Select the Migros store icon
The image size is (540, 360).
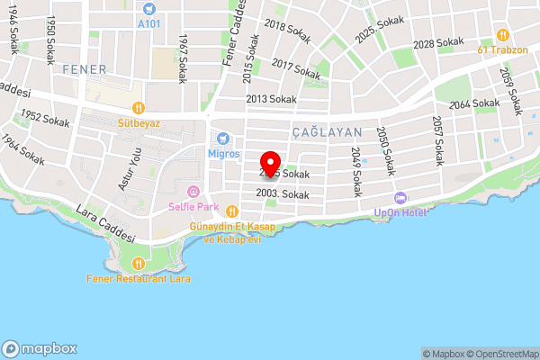[x=224, y=139]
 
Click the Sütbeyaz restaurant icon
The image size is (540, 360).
[x=138, y=106]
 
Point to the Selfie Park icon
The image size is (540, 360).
[x=193, y=191]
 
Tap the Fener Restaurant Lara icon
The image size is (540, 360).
[x=139, y=264]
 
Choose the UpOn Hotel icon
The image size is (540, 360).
[x=400, y=198]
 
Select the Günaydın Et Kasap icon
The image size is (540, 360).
[x=231, y=211]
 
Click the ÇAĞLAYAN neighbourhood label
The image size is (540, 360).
[x=327, y=132]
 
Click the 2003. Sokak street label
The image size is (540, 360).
[x=283, y=193]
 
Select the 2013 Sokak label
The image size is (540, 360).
[x=270, y=98]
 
